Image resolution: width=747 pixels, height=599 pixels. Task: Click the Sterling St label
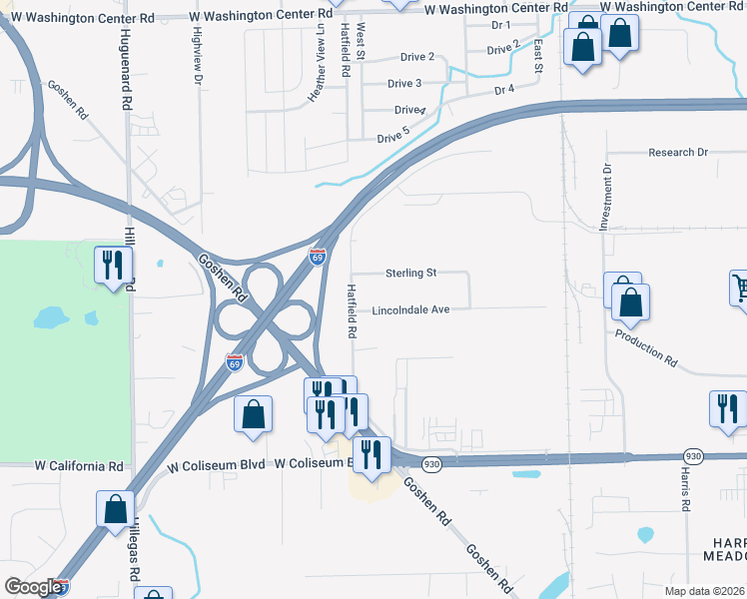[411, 273]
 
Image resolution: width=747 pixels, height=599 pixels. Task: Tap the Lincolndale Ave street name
[410, 309]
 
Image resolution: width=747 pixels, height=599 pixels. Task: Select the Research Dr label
[677, 153]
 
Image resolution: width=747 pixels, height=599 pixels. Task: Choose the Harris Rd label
[686, 488]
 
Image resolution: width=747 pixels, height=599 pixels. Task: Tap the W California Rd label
[79, 466]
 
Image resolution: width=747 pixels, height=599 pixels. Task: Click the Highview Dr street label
[198, 54]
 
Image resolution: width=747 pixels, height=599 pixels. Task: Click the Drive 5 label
[392, 137]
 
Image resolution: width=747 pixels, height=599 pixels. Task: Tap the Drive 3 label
[404, 83]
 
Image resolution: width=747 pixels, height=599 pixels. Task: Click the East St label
[537, 56]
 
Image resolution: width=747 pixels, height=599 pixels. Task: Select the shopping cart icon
[739, 289]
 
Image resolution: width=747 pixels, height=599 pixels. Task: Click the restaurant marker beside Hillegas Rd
[113, 266]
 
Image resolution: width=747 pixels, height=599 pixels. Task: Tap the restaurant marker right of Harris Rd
[727, 408]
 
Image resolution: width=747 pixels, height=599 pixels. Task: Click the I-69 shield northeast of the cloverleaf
[318, 257]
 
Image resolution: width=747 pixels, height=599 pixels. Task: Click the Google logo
[34, 587]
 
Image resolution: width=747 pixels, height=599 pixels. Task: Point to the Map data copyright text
[705, 591]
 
